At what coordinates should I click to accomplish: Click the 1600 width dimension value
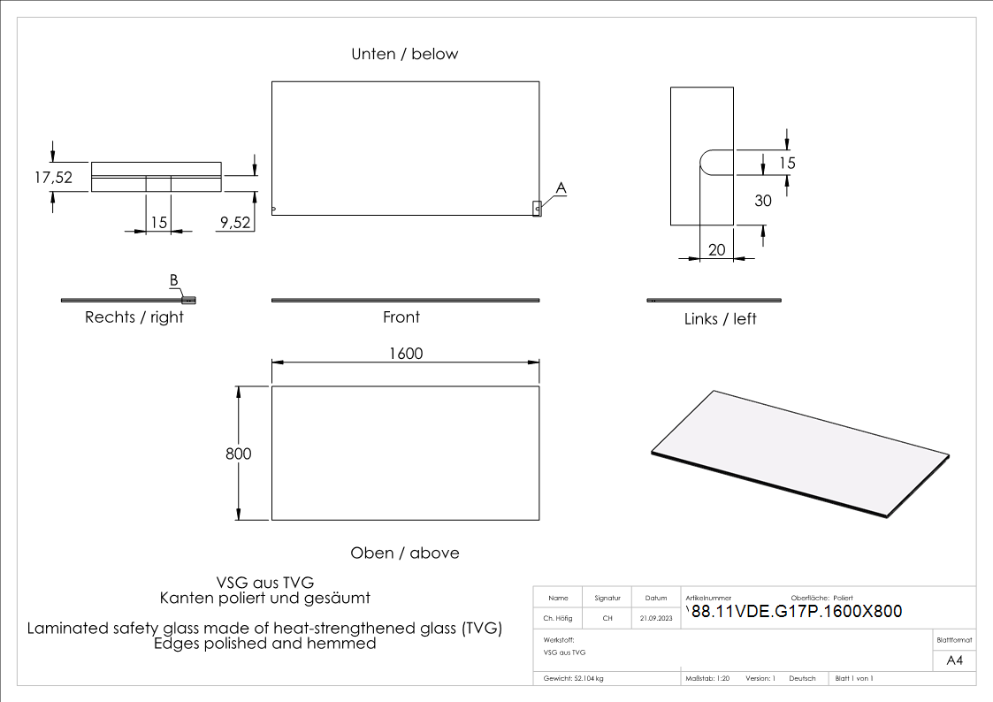click(x=406, y=354)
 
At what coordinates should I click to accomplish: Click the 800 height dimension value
click(x=239, y=454)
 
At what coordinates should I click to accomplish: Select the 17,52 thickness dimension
click(x=53, y=177)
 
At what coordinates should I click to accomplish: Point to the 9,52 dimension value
click(x=234, y=223)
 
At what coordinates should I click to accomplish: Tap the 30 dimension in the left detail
click(x=762, y=201)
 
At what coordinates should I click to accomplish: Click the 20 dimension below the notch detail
click(x=716, y=250)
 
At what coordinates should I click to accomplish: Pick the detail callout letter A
click(x=561, y=187)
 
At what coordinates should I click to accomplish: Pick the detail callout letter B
click(x=174, y=281)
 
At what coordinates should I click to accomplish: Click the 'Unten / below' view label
click(x=405, y=54)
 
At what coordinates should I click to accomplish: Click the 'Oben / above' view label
click(x=405, y=553)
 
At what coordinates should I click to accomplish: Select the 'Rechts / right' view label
click(x=134, y=317)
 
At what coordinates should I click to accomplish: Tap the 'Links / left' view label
click(x=720, y=318)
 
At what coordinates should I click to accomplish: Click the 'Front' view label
click(x=401, y=317)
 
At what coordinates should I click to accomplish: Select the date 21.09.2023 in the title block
click(x=656, y=619)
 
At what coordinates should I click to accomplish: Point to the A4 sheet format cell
click(x=954, y=660)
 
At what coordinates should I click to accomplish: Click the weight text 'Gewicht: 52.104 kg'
click(x=574, y=678)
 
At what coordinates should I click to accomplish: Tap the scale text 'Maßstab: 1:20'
click(x=707, y=678)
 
